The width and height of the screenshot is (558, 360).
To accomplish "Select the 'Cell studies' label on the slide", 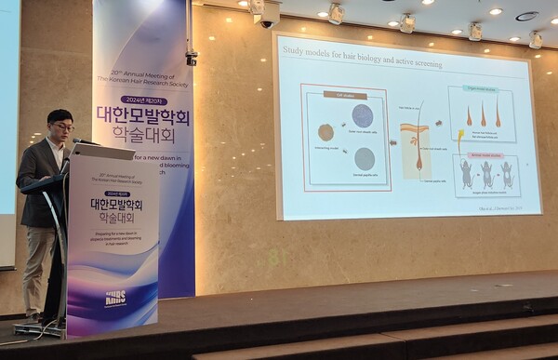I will [344, 95].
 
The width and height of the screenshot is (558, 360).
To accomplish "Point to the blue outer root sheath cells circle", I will [363, 115].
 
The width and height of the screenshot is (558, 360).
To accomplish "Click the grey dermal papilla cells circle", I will [365, 158].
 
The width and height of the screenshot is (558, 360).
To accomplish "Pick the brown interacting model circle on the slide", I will [325, 132].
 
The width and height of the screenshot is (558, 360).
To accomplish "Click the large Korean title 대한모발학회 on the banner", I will [143, 116].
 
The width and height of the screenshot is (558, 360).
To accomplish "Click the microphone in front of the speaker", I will [80, 141].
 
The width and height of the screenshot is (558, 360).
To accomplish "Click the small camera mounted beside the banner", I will [191, 58].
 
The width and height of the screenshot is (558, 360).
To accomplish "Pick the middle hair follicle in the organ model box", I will [483, 115].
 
